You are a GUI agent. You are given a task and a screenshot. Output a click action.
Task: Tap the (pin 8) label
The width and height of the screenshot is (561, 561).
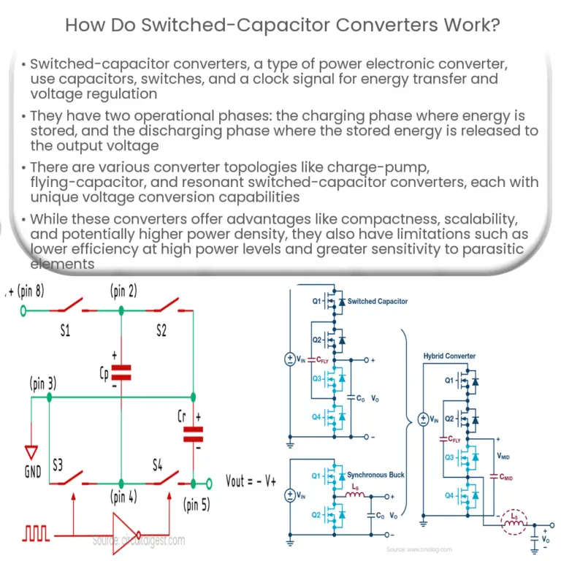26,292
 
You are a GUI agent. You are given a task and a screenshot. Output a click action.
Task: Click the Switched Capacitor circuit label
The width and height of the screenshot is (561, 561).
378,301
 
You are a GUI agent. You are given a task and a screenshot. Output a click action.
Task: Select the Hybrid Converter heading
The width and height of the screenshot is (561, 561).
449,356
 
